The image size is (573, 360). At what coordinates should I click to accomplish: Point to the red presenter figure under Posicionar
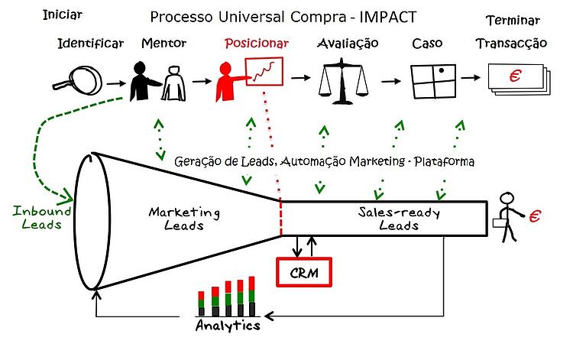pyautogui.click(x=227, y=79)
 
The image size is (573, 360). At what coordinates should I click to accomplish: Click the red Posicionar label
pyautogui.click(x=257, y=44)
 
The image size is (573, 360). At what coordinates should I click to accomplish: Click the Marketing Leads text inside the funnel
pyautogui.click(x=184, y=219)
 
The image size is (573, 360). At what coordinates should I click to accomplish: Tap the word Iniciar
pyautogui.click(x=63, y=15)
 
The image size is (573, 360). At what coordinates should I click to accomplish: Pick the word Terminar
pyautogui.click(x=512, y=21)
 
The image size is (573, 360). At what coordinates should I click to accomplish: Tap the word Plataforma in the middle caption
pyautogui.click(x=445, y=161)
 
